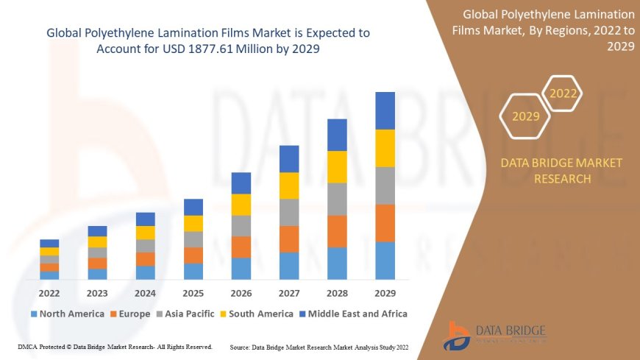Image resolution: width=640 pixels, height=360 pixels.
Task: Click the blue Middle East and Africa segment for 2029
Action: pos(385,110)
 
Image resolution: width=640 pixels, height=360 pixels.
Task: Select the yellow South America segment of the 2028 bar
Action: pos(337,166)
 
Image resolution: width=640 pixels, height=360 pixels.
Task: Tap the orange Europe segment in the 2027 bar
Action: pos(289,239)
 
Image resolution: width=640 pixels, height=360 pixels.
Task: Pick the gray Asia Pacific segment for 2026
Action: pos(241,225)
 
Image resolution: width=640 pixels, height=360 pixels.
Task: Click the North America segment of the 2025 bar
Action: pos(193,271)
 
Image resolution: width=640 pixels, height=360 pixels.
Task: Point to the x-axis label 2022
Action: pos(49,292)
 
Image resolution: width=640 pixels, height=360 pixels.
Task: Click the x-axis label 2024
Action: pos(145,292)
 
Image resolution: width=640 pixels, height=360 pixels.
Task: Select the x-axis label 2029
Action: pos(385,292)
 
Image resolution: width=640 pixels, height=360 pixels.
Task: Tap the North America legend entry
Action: pos(67,314)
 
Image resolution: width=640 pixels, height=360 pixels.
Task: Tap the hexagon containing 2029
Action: pos(525,116)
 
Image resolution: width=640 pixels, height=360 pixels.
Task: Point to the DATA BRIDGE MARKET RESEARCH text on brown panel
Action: pos(561,170)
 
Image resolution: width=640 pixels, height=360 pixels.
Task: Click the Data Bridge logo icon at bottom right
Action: pos(458,335)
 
